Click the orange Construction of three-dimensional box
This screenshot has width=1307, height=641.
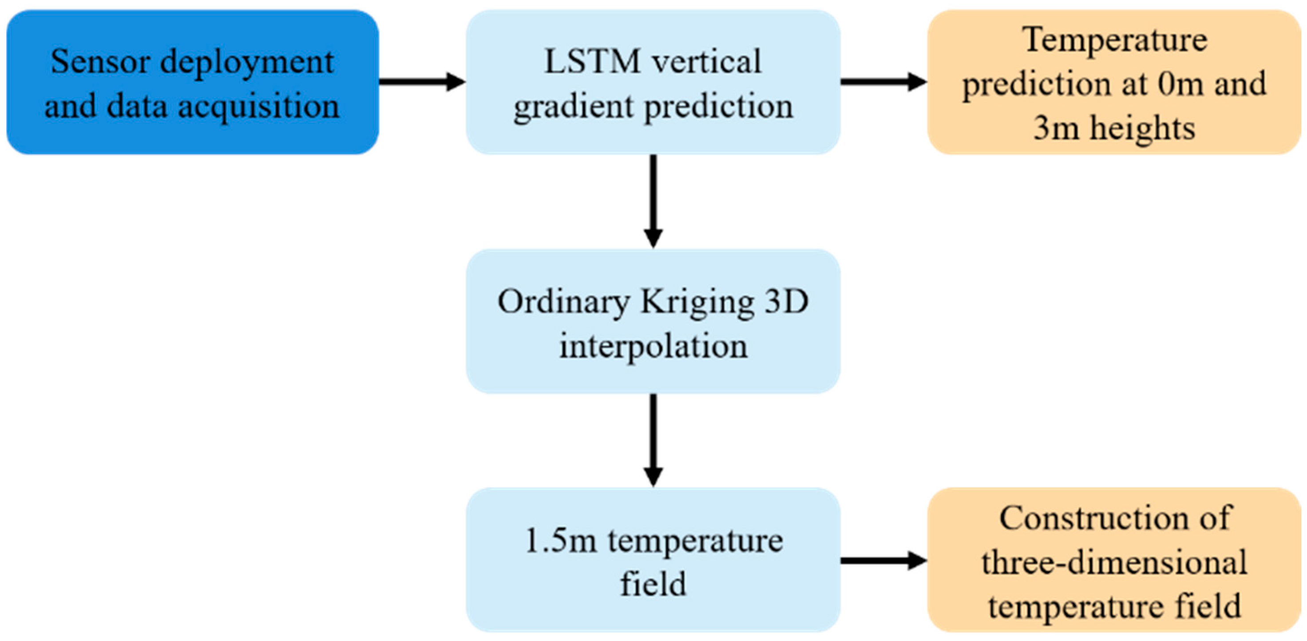coord(1114,560)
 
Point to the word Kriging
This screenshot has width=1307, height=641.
coord(697,302)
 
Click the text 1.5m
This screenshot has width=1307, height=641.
coord(561,541)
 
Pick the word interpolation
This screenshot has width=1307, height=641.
coord(653,346)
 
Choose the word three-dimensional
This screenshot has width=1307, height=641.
coord(1114,562)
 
